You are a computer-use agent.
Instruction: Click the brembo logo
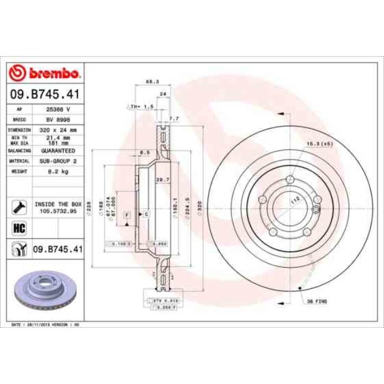pyautogui.click(x=45, y=74)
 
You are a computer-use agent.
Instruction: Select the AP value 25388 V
pyautogui.click(x=58, y=110)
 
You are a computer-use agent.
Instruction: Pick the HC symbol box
pyautogui.click(x=18, y=227)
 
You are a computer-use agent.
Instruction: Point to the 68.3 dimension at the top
pyautogui.click(x=152, y=82)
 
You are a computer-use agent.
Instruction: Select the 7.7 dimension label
pyautogui.click(x=173, y=119)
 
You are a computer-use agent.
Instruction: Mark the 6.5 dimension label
pyautogui.click(x=144, y=152)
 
